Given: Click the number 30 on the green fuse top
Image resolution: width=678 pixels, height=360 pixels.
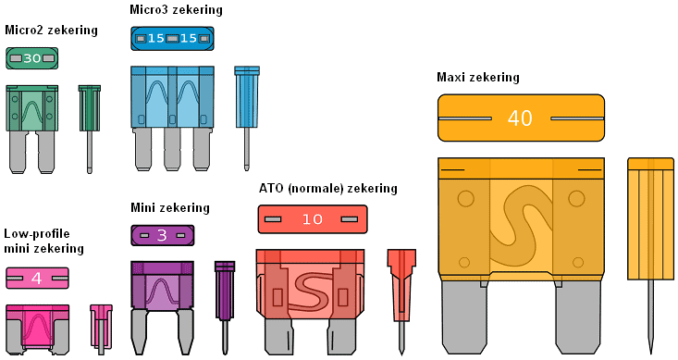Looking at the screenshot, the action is tap(32, 58).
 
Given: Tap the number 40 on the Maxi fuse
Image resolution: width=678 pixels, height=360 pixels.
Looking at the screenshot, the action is tap(520, 118).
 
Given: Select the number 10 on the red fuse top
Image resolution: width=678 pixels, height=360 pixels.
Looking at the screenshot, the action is tap(313, 219).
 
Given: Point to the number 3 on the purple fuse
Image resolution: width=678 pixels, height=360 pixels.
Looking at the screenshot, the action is tap(162, 235).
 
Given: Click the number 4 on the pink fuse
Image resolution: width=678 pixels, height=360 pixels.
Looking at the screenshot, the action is tap(37, 279).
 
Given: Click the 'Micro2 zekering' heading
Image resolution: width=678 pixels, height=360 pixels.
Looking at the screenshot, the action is tap(52, 31).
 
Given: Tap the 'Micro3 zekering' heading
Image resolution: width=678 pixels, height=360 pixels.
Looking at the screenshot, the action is tap(176, 10).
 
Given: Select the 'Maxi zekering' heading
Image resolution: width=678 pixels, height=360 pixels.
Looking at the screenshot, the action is tap(478, 78).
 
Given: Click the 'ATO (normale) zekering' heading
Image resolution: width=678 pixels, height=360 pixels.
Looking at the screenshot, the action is tap(328, 189).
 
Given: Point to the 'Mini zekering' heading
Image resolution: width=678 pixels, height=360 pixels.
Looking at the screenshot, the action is tap(170, 208).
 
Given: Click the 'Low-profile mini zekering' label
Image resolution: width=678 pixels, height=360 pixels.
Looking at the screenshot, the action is tap(43, 241).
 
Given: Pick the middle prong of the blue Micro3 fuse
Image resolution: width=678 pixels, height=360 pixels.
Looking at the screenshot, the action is tap(172, 149).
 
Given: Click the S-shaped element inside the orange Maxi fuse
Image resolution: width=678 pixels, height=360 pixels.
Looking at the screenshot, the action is tap(522, 226).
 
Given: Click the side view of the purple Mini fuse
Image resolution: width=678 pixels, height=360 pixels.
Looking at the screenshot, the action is tap(225, 307).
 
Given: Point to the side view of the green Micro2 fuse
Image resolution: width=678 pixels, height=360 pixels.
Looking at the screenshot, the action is tap(90, 129).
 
